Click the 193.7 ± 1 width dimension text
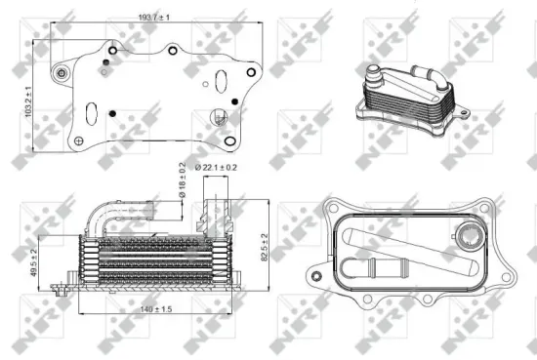coord(154,18)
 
